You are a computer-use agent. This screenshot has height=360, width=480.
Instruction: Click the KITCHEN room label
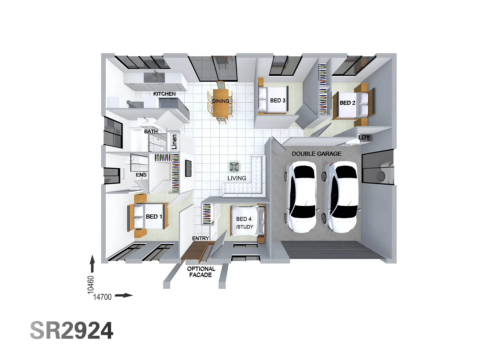click(x=164, y=94)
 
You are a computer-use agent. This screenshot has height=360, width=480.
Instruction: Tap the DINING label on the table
click(x=220, y=101)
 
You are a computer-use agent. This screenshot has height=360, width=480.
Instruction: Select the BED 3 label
click(x=278, y=101)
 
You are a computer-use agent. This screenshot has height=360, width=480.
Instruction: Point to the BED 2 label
click(x=347, y=103)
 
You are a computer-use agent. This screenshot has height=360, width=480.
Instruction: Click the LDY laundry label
click(x=364, y=137)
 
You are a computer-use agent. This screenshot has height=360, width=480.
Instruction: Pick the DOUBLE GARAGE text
click(x=316, y=154)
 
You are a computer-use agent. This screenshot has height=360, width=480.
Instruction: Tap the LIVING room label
click(x=237, y=178)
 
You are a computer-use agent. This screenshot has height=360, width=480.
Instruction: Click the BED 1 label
click(x=154, y=217)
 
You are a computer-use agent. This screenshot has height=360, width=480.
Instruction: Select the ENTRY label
click(x=200, y=238)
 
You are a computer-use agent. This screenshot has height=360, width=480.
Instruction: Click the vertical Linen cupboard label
click(x=174, y=142)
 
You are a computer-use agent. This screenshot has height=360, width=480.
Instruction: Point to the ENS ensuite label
click(x=141, y=175)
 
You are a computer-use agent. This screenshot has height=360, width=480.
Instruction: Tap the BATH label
click(x=151, y=132)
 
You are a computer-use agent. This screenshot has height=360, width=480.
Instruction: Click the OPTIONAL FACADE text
click(x=201, y=272)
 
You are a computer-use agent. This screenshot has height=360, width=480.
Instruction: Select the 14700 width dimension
click(x=102, y=297)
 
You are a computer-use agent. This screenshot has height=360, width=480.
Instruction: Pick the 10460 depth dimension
click(x=91, y=285)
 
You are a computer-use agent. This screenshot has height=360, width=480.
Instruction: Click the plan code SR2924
click(x=72, y=330)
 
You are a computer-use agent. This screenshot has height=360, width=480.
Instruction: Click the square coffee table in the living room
click(x=234, y=167)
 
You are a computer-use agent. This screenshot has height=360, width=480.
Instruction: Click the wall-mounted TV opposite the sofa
click(x=188, y=168)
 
